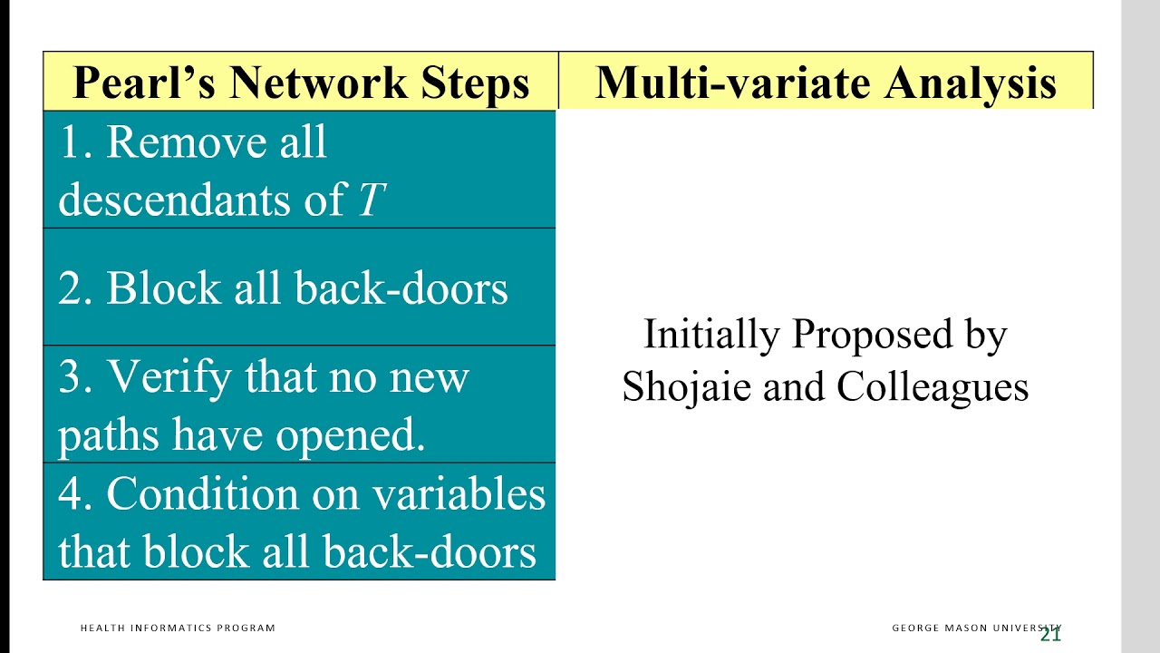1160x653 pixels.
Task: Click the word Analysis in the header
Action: click(x=971, y=83)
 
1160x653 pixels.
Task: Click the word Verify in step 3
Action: click(x=168, y=375)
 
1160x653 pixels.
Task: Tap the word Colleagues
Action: click(x=933, y=387)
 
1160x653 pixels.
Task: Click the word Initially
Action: click(x=710, y=335)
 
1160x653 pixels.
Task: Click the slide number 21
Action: click(x=1050, y=635)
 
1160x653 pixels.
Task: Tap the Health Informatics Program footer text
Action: click(x=178, y=628)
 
